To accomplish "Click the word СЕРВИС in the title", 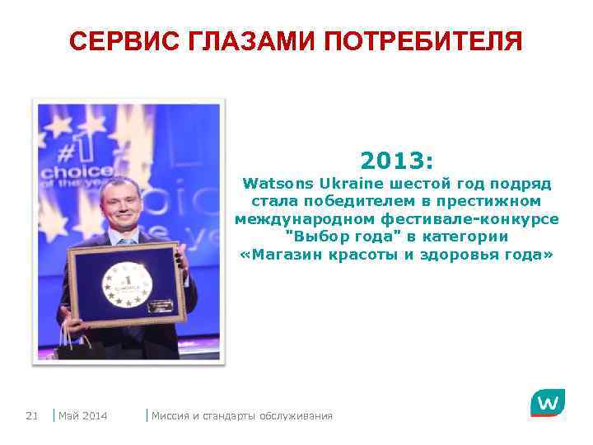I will click(116, 40).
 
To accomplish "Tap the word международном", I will click(305, 219).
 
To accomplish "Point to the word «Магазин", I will click(285, 255).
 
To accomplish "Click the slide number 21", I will click(32, 415).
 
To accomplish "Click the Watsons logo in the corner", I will click(547, 403).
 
